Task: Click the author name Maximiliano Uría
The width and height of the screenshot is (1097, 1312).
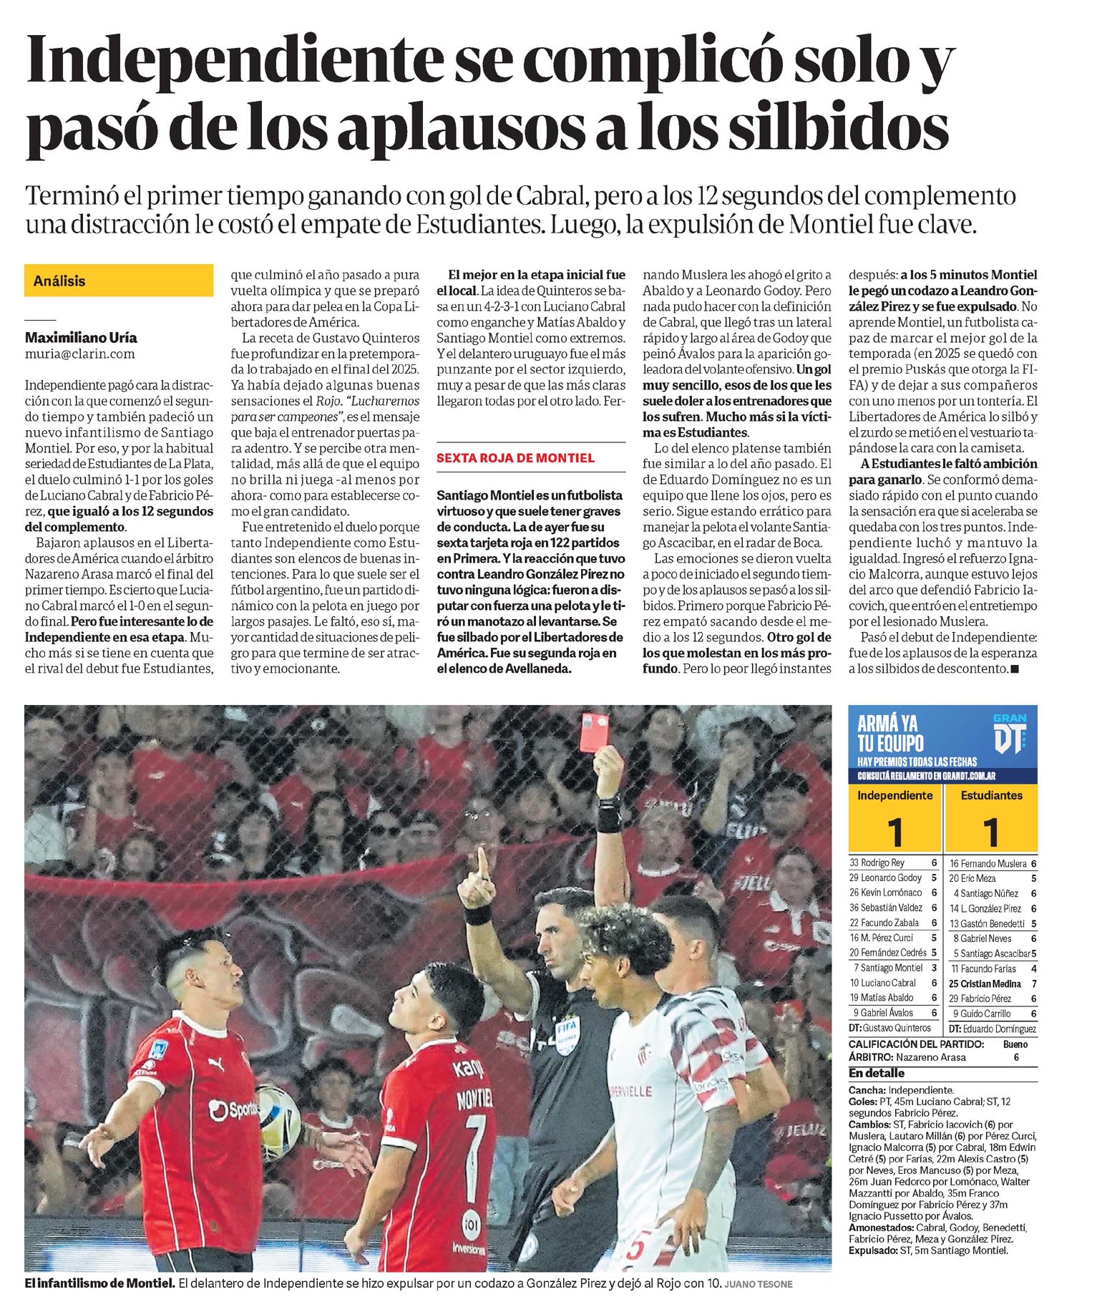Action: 81,338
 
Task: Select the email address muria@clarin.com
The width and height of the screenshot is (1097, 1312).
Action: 79,354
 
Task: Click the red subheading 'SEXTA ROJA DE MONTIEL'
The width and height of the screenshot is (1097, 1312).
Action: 515,458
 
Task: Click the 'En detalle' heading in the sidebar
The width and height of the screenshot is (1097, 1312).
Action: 877,1073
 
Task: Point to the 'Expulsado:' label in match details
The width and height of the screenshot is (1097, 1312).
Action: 873,1250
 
